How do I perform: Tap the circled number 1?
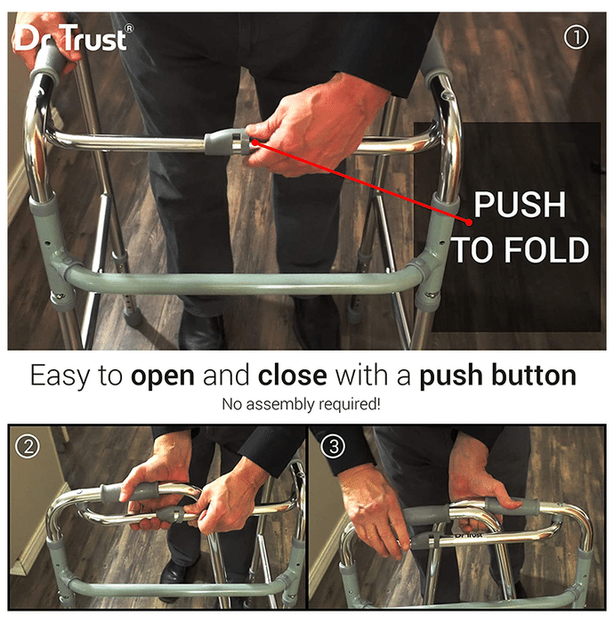[576, 37]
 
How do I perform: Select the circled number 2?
[28, 447]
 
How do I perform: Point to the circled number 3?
[333, 446]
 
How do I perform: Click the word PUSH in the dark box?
[520, 205]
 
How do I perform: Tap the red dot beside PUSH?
[469, 222]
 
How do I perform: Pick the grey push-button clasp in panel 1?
[226, 142]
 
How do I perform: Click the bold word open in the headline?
[163, 376]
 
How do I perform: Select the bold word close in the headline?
[292, 376]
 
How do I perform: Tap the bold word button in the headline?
[534, 376]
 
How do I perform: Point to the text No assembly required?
[301, 404]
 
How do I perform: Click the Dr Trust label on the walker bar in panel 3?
[469, 534]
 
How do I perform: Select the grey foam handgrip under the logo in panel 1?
[51, 63]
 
